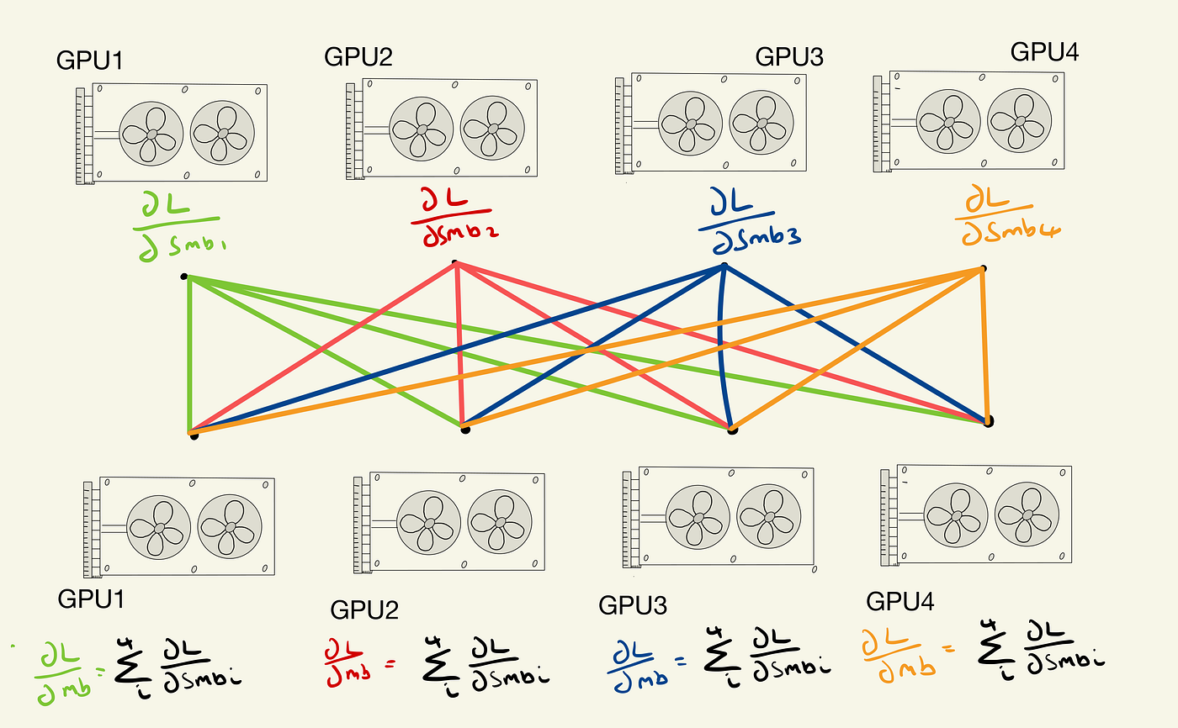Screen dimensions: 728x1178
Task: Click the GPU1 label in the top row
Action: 91,61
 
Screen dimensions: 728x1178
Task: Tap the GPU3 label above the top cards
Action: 788,57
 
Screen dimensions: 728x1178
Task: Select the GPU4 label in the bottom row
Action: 900,602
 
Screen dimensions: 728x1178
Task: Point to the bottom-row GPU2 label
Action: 364,609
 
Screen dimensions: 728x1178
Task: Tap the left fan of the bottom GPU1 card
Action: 159,527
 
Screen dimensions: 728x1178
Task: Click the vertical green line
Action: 189,353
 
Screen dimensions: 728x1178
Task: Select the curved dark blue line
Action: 721,345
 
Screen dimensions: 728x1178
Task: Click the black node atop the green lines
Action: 185,276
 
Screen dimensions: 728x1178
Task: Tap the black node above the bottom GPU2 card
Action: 465,430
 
